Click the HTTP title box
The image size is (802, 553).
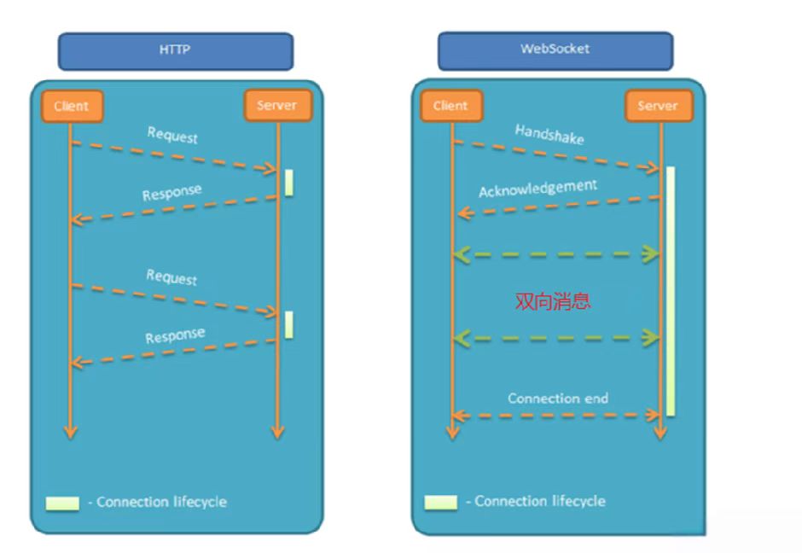point(175,50)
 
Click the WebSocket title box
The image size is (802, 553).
point(555,49)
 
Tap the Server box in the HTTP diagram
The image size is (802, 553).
point(276,106)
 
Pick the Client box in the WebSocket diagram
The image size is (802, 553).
point(450,106)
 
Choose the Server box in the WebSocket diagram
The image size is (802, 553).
point(657,107)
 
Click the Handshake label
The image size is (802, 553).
point(549,134)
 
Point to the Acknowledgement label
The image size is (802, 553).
point(538,188)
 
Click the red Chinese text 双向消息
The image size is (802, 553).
point(552,300)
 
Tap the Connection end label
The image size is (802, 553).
point(558,399)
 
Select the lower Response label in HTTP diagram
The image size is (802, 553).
point(175,335)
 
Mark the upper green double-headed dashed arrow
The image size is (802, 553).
point(556,253)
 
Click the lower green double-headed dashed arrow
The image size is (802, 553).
point(556,338)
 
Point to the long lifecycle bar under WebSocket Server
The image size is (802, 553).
point(671,290)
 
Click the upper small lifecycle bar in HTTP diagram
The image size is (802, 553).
point(289,183)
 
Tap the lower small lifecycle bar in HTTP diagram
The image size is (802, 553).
point(289,324)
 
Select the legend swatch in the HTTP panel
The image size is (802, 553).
point(62,503)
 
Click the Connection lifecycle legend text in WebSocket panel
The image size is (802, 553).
point(539,501)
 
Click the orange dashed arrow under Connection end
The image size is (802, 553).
point(556,416)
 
